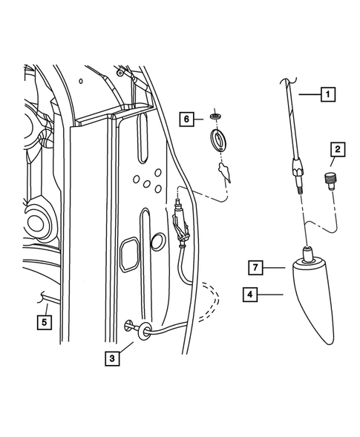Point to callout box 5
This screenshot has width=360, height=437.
point(45,323)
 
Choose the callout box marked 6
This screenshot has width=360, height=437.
point(188,118)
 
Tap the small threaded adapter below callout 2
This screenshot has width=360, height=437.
point(330,180)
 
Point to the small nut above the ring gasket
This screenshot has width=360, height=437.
point(215,116)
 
